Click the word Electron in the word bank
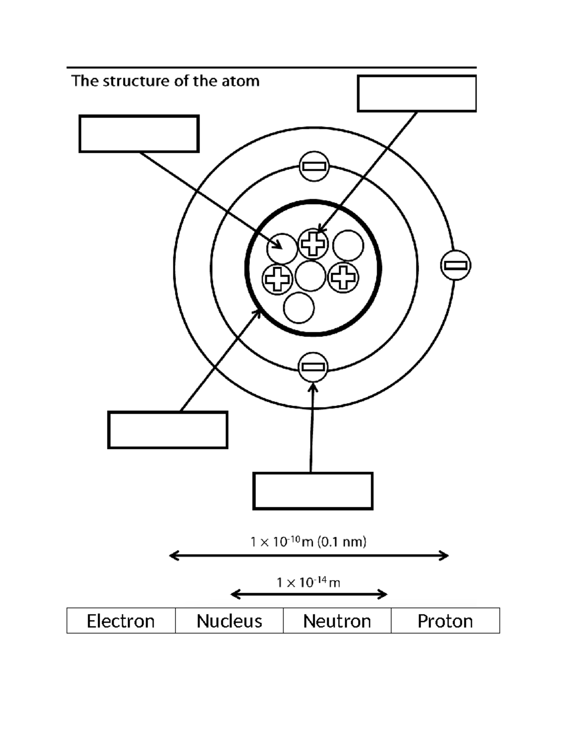pyautogui.click(x=121, y=621)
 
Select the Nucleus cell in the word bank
pyautogui.click(x=229, y=621)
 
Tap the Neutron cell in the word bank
pyautogui.click(x=337, y=621)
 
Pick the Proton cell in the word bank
pyautogui.click(x=445, y=621)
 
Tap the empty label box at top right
pyautogui.click(x=416, y=93)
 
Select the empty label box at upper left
pyautogui.click(x=139, y=134)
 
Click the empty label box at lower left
pyautogui.click(x=167, y=430)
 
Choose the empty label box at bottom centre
pyautogui.click(x=313, y=491)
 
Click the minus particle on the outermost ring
pyautogui.click(x=456, y=265)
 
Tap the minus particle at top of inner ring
pyautogui.click(x=314, y=166)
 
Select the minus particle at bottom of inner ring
pyautogui.click(x=313, y=367)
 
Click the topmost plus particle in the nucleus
pyautogui.click(x=313, y=244)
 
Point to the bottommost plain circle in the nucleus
pyautogui.click(x=299, y=308)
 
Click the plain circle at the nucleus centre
pyautogui.click(x=310, y=276)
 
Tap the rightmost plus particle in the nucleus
pyautogui.click(x=343, y=278)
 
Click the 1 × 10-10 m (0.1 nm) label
pyautogui.click(x=308, y=542)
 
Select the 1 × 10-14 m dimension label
pyautogui.click(x=308, y=583)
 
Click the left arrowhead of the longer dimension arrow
pyautogui.click(x=173, y=556)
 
